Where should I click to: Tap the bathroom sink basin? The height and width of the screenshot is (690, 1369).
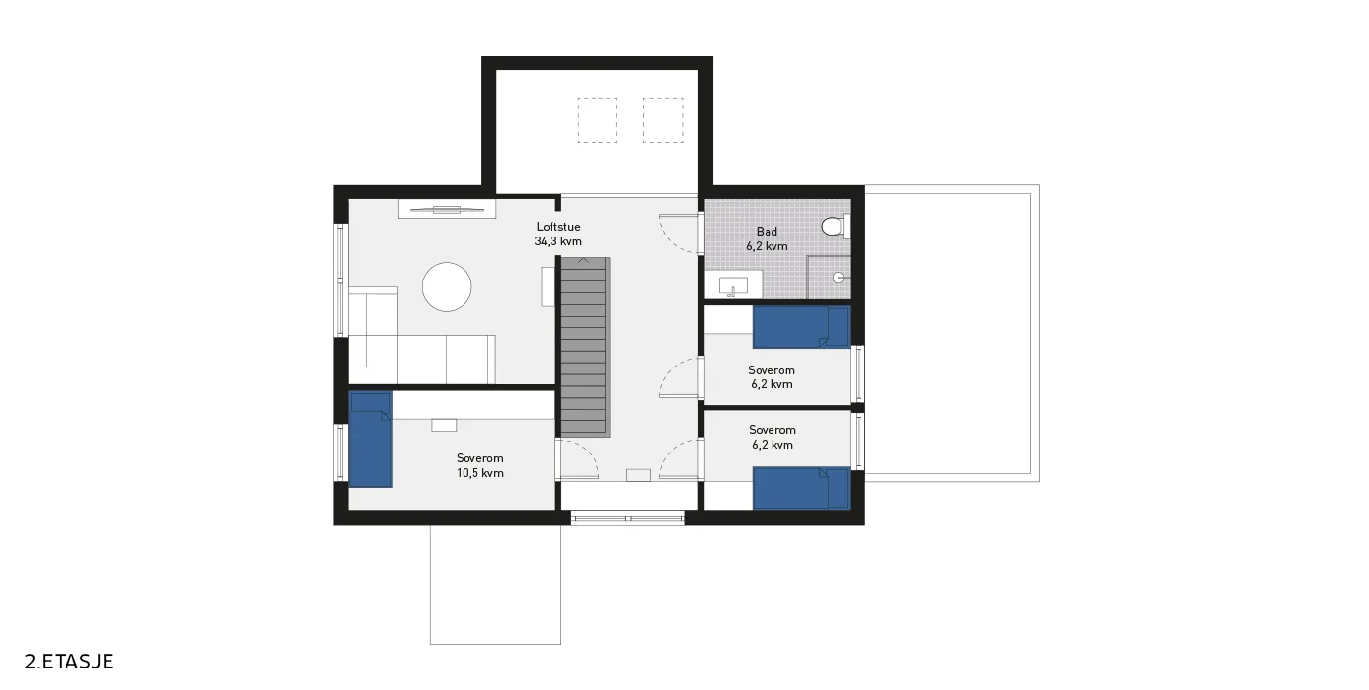(732, 285)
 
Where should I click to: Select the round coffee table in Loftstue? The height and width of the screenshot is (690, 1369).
(447, 287)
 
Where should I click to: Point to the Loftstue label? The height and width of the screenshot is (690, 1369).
(558, 227)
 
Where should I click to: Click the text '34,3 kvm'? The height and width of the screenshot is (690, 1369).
(558, 241)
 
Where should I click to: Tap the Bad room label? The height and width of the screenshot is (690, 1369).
(767, 232)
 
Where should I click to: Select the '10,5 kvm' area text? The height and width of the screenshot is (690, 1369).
(480, 473)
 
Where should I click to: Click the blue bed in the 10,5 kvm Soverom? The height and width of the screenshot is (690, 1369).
(371, 440)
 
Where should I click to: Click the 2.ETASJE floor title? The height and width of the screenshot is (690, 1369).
(69, 662)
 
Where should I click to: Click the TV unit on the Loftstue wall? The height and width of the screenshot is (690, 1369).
(446, 209)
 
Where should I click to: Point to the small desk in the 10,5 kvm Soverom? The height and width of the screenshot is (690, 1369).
(444, 425)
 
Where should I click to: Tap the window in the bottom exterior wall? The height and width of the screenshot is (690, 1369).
(628, 518)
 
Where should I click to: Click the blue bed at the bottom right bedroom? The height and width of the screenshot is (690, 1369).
(801, 489)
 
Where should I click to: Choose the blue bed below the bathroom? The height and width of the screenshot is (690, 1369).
(801, 327)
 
